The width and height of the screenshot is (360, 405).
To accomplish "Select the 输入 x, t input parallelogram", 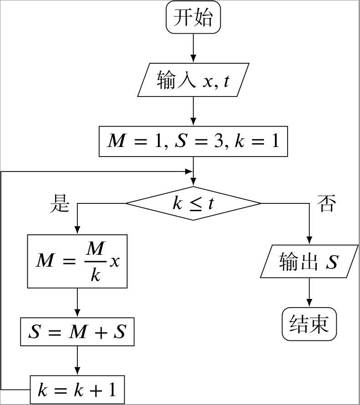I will tap(193, 80).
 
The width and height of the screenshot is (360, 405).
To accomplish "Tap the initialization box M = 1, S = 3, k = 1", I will tap(193, 142).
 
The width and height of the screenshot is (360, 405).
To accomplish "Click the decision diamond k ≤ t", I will tap(193, 203).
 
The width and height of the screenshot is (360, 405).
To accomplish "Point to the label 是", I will tap(59, 203).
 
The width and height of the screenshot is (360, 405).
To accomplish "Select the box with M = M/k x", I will tap(77, 261).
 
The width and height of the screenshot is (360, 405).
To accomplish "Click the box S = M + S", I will tap(77, 332).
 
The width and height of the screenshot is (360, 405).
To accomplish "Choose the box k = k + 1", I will tap(77, 389).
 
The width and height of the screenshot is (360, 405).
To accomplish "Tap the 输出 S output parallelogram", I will tap(309, 262).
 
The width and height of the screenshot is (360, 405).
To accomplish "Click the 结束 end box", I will tap(309, 324).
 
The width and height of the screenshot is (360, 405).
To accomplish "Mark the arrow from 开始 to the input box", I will tap(193, 48).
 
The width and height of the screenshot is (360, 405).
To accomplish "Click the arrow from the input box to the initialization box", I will tap(193, 111).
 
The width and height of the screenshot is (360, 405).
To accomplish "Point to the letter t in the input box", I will tap(226, 81).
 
